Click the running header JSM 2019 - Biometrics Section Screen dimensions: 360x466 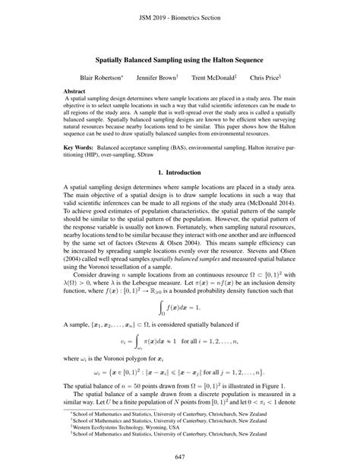point(180,17)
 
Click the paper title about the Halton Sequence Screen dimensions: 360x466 point(180,58)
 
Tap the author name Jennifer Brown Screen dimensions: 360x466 point(156,78)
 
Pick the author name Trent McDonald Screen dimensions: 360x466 point(213,78)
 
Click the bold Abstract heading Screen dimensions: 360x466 point(75,90)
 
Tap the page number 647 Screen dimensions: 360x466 point(180,456)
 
